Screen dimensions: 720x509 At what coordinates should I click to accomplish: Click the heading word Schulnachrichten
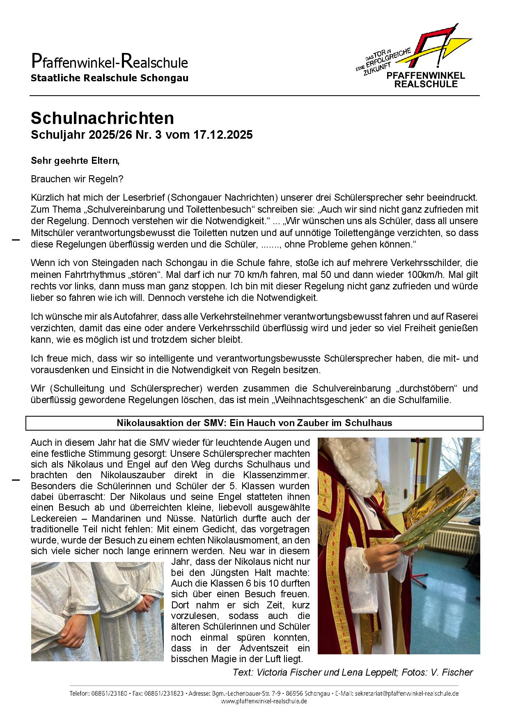(x=102, y=118)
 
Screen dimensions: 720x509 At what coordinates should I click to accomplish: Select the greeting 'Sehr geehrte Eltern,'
(x=75, y=161)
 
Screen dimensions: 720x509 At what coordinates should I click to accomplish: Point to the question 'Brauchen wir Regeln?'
(x=77, y=179)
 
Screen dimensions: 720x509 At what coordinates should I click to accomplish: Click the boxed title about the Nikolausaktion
(x=254, y=423)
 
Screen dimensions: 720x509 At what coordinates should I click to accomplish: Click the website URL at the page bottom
(x=264, y=701)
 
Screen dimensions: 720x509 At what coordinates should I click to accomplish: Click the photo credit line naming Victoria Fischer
(x=353, y=672)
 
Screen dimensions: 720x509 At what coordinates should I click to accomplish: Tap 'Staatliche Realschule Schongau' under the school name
(x=109, y=78)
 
